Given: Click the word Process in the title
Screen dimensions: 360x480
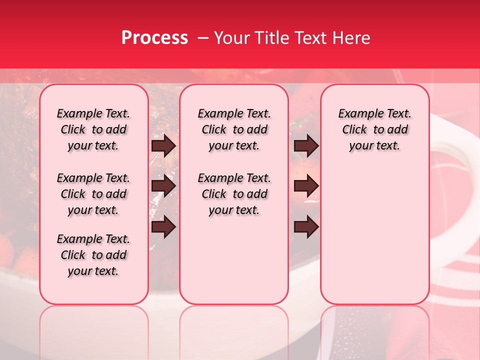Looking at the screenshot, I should (x=154, y=38).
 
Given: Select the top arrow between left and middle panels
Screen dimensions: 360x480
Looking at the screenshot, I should (x=163, y=145).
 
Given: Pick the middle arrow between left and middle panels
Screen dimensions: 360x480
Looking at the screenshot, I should (x=163, y=186).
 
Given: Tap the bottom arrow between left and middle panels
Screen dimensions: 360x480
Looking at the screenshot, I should (x=163, y=227).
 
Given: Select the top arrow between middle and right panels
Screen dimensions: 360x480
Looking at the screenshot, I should (x=306, y=145).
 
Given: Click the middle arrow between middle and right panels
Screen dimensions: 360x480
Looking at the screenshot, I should (x=306, y=186).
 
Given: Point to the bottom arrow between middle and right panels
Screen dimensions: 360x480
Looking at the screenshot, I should (x=306, y=227).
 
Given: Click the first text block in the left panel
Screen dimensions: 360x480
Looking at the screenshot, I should (x=93, y=129).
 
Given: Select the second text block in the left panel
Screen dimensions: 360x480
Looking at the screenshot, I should (x=93, y=194).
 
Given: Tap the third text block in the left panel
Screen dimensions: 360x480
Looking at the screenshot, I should (x=93, y=255).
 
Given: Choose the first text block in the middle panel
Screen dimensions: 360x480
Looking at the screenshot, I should (x=234, y=129).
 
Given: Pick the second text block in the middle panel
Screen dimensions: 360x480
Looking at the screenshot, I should (x=234, y=194).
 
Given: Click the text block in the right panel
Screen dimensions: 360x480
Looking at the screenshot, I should (x=374, y=129).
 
